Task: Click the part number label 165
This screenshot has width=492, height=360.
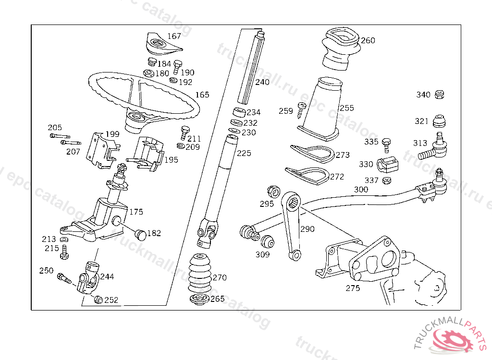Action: tap(202, 95)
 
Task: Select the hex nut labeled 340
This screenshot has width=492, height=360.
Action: tap(440, 95)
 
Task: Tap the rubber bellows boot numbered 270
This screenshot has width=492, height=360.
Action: tap(199, 273)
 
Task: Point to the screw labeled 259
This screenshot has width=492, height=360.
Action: tap(302, 110)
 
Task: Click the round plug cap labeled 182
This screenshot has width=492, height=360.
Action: tap(141, 235)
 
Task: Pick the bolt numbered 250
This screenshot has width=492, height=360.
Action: tap(65, 278)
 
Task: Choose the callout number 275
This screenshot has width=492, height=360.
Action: tap(353, 288)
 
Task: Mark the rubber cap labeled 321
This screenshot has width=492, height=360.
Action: tap(439, 121)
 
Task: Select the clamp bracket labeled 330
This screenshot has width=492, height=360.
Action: tap(388, 164)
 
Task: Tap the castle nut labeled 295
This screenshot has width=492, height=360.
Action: tap(273, 192)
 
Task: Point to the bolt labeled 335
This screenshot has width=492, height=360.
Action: tap(387, 145)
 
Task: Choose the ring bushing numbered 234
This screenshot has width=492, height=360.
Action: tap(239, 112)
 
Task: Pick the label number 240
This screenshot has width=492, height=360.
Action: tap(262, 82)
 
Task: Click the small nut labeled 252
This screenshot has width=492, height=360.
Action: tap(98, 300)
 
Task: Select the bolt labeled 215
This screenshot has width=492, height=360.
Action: tap(65, 252)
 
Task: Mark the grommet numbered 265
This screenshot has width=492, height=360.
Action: tap(199, 299)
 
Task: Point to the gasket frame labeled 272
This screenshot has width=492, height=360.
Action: tap(307, 176)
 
